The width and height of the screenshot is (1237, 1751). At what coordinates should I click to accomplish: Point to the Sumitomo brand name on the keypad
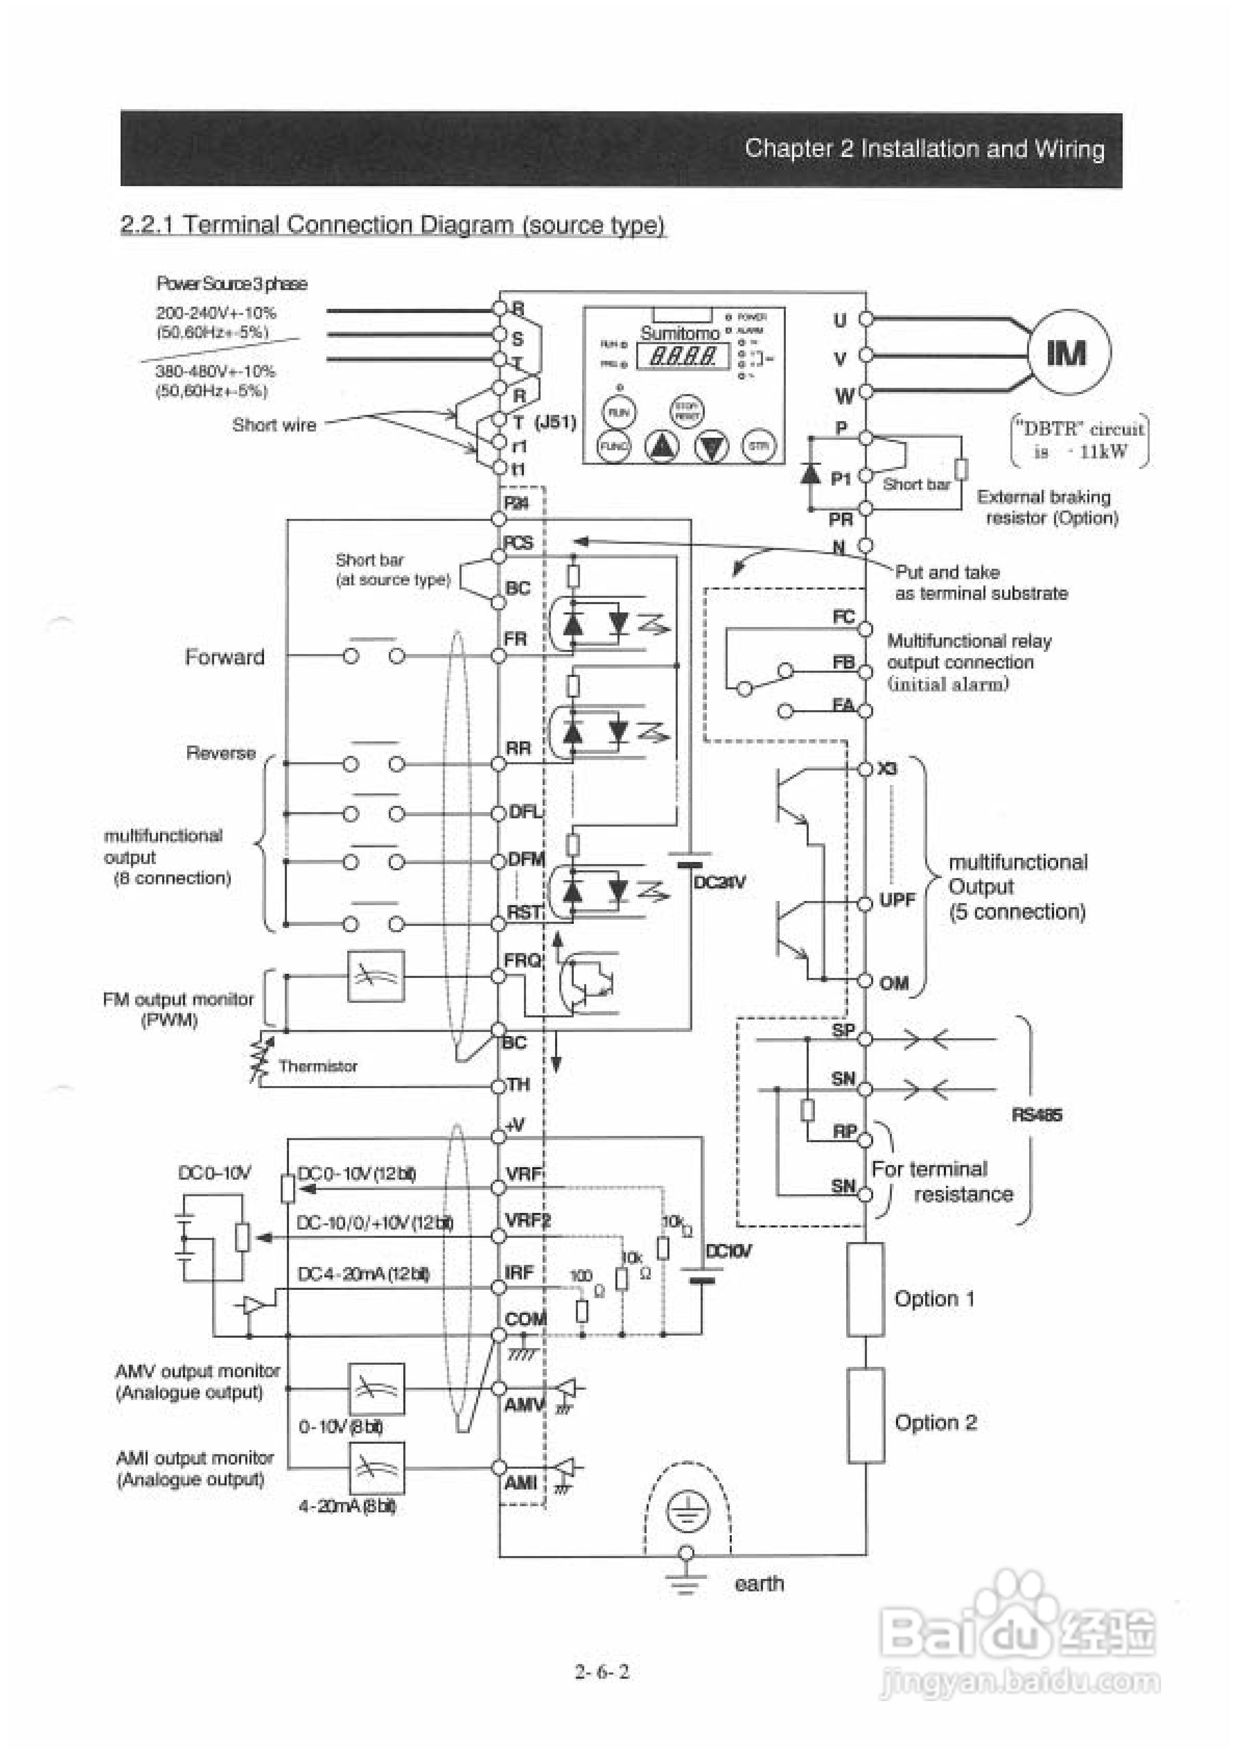click(x=679, y=333)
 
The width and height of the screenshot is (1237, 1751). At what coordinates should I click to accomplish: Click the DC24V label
click(x=719, y=882)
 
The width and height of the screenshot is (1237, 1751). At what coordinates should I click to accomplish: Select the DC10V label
click(x=728, y=1251)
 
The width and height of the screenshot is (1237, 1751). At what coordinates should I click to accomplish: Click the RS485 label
click(x=1036, y=1115)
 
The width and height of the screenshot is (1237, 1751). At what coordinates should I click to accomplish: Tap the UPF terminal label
click(x=897, y=900)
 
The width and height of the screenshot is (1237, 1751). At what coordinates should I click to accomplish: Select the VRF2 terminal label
click(x=527, y=1220)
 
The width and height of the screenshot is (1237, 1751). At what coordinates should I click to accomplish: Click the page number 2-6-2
click(x=602, y=1671)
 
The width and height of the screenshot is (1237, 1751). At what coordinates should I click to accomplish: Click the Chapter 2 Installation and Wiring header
click(x=924, y=148)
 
